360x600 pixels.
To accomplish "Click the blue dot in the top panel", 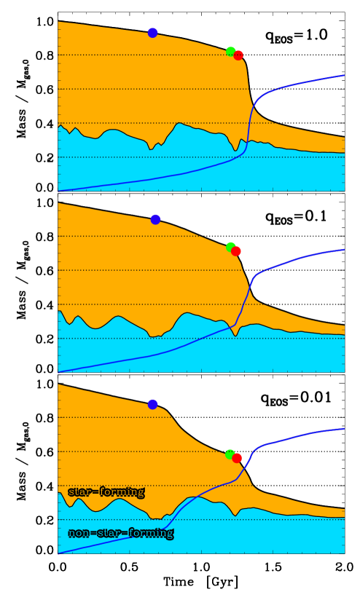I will (152, 33).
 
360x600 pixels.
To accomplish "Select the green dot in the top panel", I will (230, 51).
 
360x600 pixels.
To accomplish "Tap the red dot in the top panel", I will (238, 55).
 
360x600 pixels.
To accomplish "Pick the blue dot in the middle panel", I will (155, 219).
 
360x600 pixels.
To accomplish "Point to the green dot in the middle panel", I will (230, 246).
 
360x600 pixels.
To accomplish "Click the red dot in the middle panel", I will (236, 251).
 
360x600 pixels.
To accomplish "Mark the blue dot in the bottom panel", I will (152, 404).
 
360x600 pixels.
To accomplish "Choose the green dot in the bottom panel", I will (230, 454).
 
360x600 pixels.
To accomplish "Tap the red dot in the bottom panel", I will (237, 458).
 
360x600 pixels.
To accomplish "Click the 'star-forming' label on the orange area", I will (106, 492).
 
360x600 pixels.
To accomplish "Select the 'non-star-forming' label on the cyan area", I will (121, 533).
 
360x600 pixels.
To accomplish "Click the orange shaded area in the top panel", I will (146, 80).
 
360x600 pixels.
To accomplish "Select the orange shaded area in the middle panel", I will (146, 269).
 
